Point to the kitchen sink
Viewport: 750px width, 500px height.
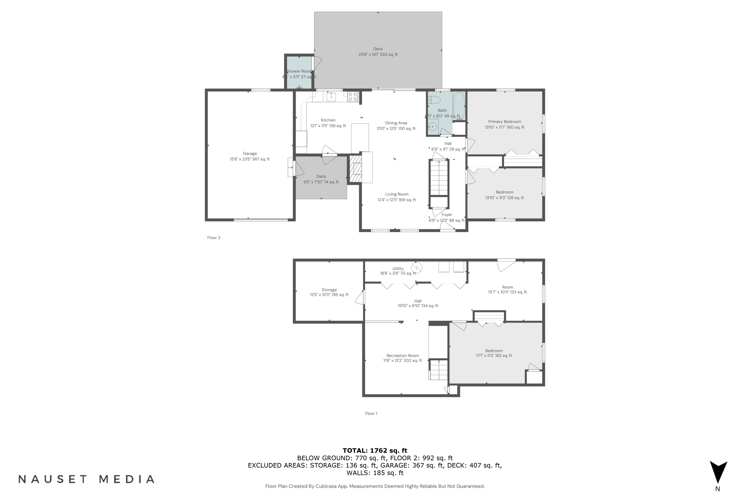331,96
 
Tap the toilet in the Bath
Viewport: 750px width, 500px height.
434,100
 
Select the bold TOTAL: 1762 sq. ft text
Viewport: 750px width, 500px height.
375,450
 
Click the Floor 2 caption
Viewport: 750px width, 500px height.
214,237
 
